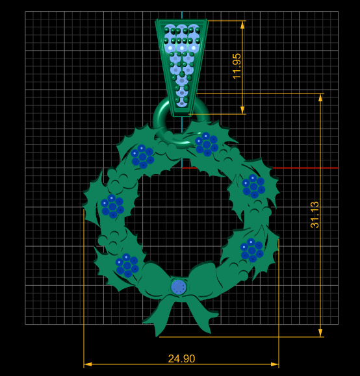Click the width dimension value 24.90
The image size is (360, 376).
coord(181,358)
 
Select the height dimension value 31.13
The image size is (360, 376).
coord(315,214)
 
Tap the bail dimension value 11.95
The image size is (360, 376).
coord(237,66)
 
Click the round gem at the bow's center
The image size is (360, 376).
coord(178,286)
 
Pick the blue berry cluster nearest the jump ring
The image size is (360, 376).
coord(207,144)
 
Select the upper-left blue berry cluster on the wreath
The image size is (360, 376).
coord(142,156)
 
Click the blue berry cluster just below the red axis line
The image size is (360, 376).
coord(253,186)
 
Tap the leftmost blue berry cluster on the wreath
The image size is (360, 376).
coord(112,206)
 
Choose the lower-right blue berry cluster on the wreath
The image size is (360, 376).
coord(251,249)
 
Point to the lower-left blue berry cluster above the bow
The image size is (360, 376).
coord(127,264)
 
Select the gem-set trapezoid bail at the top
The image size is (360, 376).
coord(182,58)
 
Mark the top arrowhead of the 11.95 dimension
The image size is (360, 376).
coord(242,25)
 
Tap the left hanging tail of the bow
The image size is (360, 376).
coord(158,318)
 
